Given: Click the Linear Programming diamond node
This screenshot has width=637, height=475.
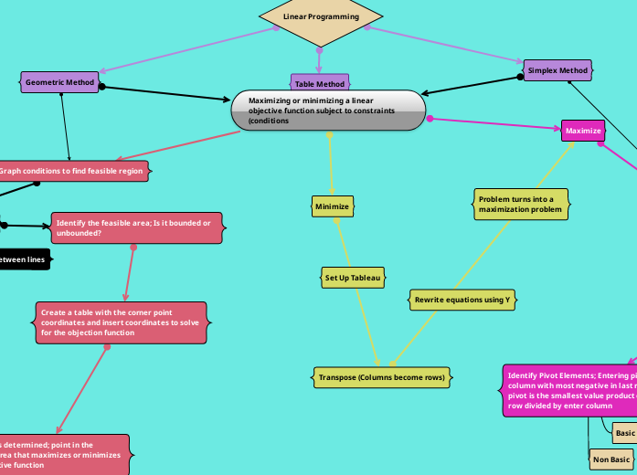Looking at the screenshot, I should (320, 16).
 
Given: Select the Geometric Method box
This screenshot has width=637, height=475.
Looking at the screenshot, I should (59, 82).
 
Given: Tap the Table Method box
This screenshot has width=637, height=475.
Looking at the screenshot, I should (320, 84).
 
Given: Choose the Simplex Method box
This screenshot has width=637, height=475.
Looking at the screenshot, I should (557, 70).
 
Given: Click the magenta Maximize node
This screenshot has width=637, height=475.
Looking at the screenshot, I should (583, 131).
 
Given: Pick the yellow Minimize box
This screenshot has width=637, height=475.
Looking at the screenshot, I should (332, 206).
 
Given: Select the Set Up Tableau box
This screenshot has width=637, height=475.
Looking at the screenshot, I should (353, 277).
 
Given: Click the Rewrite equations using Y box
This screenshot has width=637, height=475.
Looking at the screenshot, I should (462, 300).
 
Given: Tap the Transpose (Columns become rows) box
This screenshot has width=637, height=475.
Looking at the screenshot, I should (381, 376).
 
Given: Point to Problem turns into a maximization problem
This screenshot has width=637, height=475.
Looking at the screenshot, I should (521, 204).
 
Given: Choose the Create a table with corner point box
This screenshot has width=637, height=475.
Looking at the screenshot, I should (121, 322).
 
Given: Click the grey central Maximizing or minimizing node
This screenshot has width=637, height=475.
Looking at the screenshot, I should (329, 111).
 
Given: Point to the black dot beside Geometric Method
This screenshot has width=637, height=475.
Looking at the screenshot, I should (101, 87).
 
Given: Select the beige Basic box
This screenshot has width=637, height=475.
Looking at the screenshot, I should (624, 432).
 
